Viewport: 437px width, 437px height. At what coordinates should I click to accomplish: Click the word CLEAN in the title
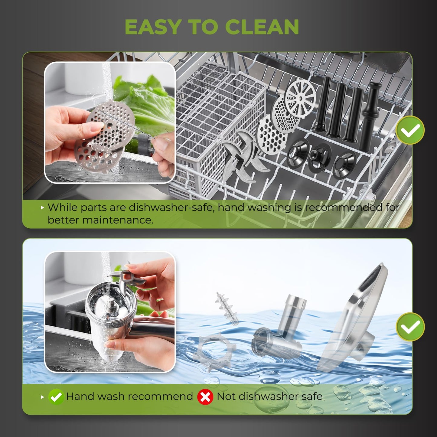click(x=262, y=27)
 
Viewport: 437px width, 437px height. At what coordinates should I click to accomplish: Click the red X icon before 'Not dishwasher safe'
click(x=205, y=397)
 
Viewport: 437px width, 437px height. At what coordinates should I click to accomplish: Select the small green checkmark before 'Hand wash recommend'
click(x=56, y=397)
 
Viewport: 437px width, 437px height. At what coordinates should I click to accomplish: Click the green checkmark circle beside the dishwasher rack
click(x=410, y=130)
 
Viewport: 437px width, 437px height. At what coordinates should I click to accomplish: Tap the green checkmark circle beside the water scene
click(x=410, y=327)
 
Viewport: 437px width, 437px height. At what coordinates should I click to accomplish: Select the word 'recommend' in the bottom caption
click(x=160, y=397)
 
